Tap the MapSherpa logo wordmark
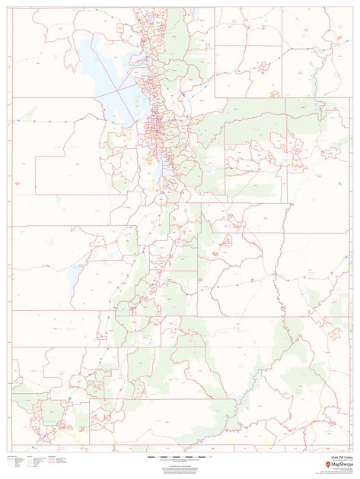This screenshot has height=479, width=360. (x=339, y=465)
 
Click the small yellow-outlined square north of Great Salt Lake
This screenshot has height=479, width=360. (x=119, y=27)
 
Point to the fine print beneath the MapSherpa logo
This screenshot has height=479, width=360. (x=339, y=471)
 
